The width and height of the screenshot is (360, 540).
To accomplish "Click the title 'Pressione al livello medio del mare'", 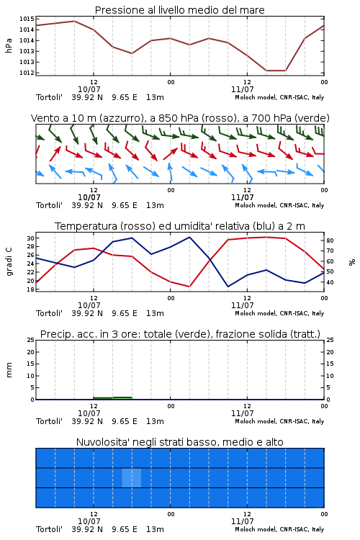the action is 179,10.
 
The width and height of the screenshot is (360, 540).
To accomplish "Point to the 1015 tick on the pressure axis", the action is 27,19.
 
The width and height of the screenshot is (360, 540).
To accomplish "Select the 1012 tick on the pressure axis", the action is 27,73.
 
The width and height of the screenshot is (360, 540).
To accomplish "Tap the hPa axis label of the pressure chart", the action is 9,45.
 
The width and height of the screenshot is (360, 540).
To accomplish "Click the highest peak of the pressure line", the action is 74,21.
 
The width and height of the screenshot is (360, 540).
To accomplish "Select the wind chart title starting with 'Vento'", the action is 180,118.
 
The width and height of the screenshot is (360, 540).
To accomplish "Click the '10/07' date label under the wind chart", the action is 89,197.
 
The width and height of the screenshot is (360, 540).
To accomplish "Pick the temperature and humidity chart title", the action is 180,226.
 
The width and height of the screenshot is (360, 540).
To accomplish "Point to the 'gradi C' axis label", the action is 9,261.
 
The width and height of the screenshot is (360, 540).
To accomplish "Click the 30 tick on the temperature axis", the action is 30,238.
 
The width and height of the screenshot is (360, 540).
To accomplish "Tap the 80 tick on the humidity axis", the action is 330,240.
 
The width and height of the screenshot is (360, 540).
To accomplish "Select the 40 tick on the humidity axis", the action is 330,282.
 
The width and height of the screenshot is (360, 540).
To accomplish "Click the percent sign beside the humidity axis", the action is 352,262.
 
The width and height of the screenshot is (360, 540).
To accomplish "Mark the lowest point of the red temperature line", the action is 189,287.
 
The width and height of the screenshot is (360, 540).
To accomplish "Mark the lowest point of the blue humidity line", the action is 228,287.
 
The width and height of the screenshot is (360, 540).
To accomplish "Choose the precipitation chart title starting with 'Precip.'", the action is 180,334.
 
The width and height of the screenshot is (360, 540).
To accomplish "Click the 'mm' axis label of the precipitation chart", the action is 9,370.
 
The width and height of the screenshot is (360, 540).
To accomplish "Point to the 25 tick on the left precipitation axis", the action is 30,341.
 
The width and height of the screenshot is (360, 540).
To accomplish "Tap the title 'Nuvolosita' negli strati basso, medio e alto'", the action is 180,442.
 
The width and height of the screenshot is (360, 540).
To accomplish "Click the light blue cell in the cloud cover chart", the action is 132,477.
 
